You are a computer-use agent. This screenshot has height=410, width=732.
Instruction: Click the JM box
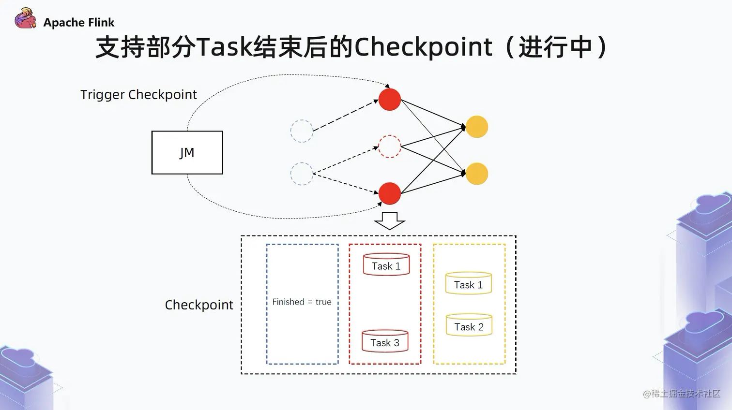coord(187,152)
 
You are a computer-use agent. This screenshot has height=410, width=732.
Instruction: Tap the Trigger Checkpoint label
coord(138,94)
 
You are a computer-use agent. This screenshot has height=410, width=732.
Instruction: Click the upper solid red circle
coord(389,100)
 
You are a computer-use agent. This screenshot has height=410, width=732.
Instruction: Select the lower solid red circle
coord(389,193)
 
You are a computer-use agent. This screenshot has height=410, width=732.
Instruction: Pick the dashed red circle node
coord(389,146)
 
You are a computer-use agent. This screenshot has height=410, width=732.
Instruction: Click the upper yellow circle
coord(477,127)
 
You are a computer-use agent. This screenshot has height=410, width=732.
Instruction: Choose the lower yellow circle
coord(477,174)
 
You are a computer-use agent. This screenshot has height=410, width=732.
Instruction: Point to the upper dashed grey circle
coord(301,131)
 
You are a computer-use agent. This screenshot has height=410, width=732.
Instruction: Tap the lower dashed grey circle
coord(301,174)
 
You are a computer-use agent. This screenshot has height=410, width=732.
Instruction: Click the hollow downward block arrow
coord(389,220)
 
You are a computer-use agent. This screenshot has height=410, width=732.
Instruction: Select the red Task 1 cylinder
coord(386,265)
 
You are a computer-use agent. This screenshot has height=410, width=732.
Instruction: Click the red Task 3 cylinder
coord(385,341)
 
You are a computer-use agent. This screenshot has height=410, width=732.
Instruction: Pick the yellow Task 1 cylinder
coord(468,284)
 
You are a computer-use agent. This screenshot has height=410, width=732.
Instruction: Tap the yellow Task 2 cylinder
coord(468,325)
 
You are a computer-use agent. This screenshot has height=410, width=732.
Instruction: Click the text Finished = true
coord(302,302)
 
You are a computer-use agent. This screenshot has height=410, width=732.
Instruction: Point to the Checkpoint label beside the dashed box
coord(198,305)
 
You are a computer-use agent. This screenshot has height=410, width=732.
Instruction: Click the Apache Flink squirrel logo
coord(25,19)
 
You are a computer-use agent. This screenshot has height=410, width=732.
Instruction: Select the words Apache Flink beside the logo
coord(79,23)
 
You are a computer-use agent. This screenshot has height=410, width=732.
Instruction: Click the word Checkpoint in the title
coord(423,47)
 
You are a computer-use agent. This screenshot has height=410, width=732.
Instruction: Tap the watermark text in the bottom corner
coord(682,394)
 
